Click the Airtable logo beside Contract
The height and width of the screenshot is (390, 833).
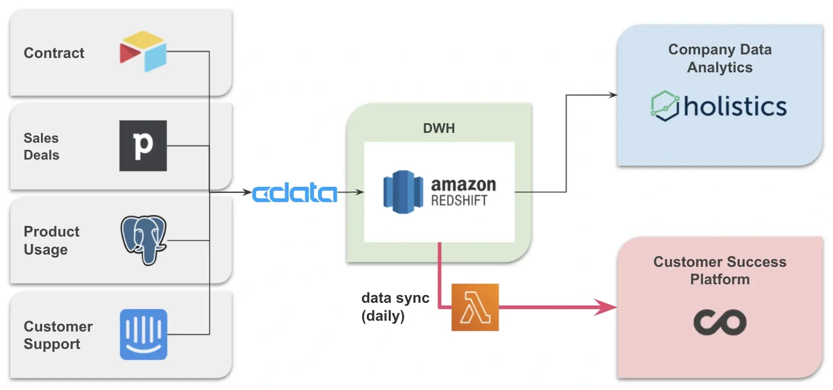click(x=143, y=51)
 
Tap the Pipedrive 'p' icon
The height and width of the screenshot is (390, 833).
click(x=143, y=146)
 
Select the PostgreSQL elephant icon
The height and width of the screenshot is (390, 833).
click(x=144, y=240)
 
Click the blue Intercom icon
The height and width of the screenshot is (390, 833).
click(x=144, y=334)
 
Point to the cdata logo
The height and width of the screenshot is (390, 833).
click(x=294, y=193)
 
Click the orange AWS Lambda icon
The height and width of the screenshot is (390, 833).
click(x=475, y=307)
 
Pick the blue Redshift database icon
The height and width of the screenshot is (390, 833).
click(x=404, y=192)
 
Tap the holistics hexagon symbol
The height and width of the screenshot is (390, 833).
click(x=665, y=106)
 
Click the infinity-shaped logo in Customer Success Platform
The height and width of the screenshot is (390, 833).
click(x=720, y=322)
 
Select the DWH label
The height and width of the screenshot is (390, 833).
click(x=439, y=128)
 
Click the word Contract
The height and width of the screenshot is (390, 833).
click(x=54, y=53)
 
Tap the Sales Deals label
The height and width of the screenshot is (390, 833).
click(x=42, y=146)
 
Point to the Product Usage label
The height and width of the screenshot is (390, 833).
click(x=51, y=240)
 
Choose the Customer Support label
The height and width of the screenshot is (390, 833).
click(x=58, y=335)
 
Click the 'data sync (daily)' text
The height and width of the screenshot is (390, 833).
click(x=395, y=306)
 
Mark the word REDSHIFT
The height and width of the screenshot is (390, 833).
click(x=459, y=201)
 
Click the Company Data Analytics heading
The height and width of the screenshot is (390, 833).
click(x=720, y=58)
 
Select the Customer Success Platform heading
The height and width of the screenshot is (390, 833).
click(x=720, y=270)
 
